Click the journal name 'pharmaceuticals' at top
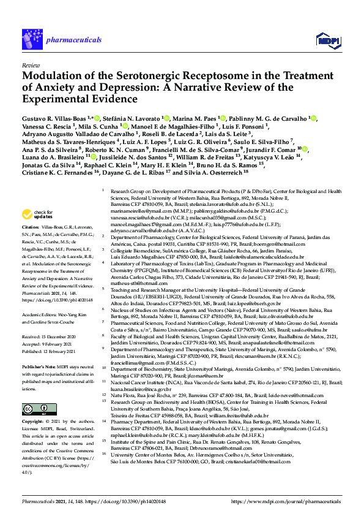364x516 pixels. point(65,39)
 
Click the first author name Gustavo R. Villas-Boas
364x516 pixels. point(54,117)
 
